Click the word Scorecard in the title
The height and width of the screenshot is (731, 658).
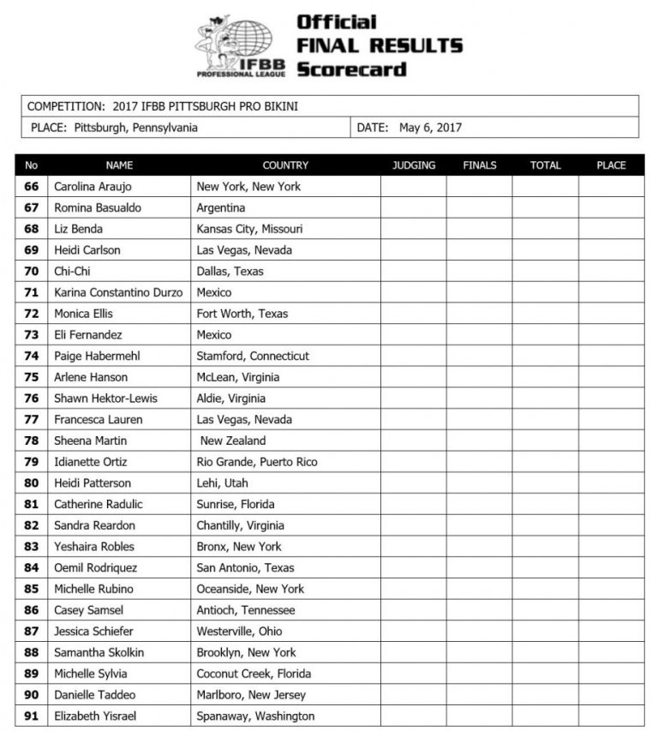[x=351, y=69]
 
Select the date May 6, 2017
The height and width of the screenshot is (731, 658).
[x=430, y=128]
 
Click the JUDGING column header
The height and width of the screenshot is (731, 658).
[x=413, y=165]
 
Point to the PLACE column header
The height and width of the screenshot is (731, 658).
[x=611, y=165]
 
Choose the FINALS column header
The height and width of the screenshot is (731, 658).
[x=479, y=165]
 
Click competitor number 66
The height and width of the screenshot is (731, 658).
[x=32, y=187]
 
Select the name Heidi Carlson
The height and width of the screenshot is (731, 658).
[x=87, y=250]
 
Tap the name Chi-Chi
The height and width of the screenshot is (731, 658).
[x=73, y=272]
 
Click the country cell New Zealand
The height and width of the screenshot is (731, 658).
[x=233, y=440]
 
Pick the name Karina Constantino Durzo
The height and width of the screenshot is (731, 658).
[x=118, y=292]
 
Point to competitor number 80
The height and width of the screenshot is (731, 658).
[x=32, y=483]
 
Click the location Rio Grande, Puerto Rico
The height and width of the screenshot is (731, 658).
[x=257, y=462]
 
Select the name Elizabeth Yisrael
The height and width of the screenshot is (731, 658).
[x=95, y=716]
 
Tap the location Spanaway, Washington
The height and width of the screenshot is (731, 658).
[x=255, y=716]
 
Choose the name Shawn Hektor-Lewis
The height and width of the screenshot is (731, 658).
[x=105, y=398]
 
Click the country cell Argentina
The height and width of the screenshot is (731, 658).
[x=221, y=207]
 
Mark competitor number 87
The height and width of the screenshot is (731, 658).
[x=32, y=632]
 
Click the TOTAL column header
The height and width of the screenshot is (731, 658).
[x=545, y=165]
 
